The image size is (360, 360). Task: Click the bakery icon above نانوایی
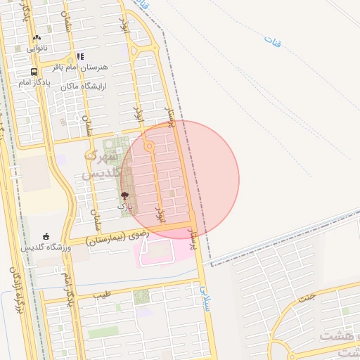(37, 38)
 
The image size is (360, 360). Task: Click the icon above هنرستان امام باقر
(80, 56)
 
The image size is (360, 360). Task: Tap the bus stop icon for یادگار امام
(34, 72)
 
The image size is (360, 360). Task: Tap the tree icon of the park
(124, 196)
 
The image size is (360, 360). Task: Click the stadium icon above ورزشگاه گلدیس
(46, 236)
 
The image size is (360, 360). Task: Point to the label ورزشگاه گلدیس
(44, 247)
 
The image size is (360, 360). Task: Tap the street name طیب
(103, 295)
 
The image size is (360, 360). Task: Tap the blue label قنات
(272, 40)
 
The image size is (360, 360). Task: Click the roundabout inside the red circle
(149, 146)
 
